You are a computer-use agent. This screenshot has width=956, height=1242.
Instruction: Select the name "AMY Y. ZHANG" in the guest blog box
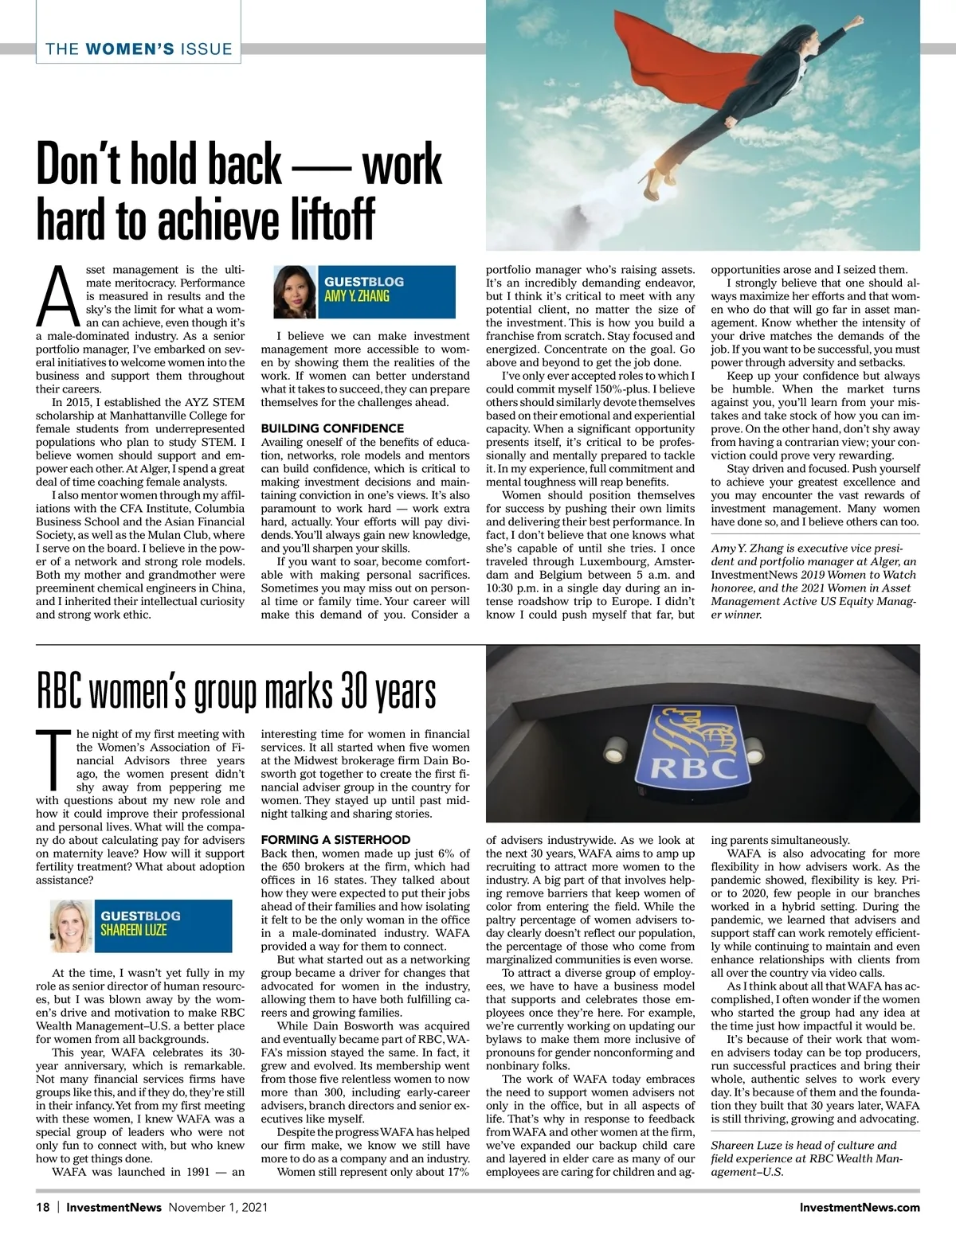[356, 296]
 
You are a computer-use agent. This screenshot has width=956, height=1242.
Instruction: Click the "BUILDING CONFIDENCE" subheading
[332, 428]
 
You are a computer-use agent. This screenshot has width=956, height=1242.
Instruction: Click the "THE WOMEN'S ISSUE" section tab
[139, 49]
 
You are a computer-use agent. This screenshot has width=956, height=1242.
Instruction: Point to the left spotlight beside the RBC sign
[616, 748]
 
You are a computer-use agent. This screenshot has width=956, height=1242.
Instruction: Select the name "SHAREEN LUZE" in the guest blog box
[133, 929]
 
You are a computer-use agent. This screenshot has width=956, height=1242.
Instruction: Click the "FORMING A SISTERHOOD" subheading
[335, 840]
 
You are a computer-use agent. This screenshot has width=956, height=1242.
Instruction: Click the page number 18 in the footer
[43, 1207]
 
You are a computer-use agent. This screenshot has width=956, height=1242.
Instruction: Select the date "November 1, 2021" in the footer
[217, 1207]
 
